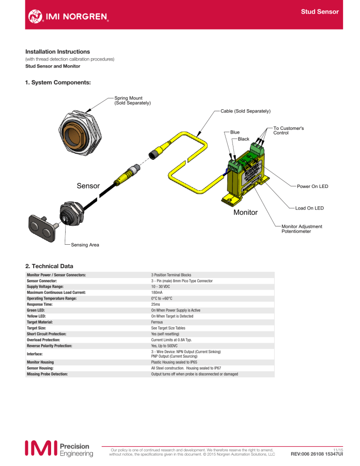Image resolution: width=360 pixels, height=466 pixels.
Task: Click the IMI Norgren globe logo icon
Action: pos(35,16)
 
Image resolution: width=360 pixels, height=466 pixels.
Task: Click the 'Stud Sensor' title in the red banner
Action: pos(320,12)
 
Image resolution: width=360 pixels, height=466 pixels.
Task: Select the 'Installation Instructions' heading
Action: pos(58,52)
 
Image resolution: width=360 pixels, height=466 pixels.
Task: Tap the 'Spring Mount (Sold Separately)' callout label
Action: pos(133,100)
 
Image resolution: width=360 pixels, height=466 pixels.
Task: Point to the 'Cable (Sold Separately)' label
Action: pos(246,111)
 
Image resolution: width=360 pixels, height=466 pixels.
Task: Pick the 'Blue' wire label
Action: pos(235,132)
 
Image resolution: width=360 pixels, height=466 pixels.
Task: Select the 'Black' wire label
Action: pos(243,139)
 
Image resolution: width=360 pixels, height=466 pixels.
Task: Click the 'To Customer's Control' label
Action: pos(289,130)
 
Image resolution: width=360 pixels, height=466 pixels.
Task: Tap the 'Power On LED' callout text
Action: pos(313,186)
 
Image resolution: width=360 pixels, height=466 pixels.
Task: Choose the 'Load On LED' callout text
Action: pos(309,208)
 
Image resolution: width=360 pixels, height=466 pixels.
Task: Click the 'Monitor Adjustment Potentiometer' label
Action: pos(302,229)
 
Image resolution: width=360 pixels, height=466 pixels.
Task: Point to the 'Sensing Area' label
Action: pos(85,245)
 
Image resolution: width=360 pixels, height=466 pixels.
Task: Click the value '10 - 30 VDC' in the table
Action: pos(160,286)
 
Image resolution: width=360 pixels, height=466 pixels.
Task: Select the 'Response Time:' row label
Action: pos(39,304)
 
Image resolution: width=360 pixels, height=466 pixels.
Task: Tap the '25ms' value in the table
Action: pos(156,304)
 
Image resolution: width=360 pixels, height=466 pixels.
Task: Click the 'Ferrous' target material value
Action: pos(157,322)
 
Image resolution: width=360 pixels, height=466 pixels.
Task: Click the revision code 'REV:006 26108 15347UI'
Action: pos(316,454)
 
